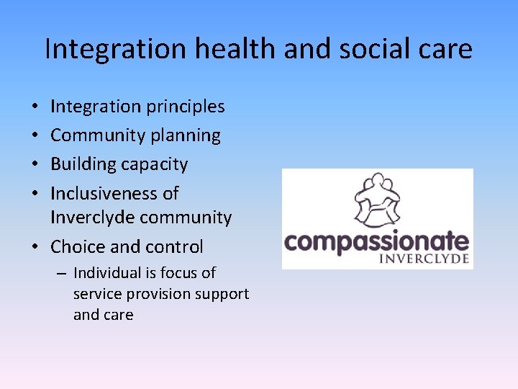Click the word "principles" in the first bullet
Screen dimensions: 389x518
pos(186,107)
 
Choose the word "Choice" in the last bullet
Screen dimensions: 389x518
pos(78,246)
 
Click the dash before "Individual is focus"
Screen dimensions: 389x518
pos(63,273)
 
